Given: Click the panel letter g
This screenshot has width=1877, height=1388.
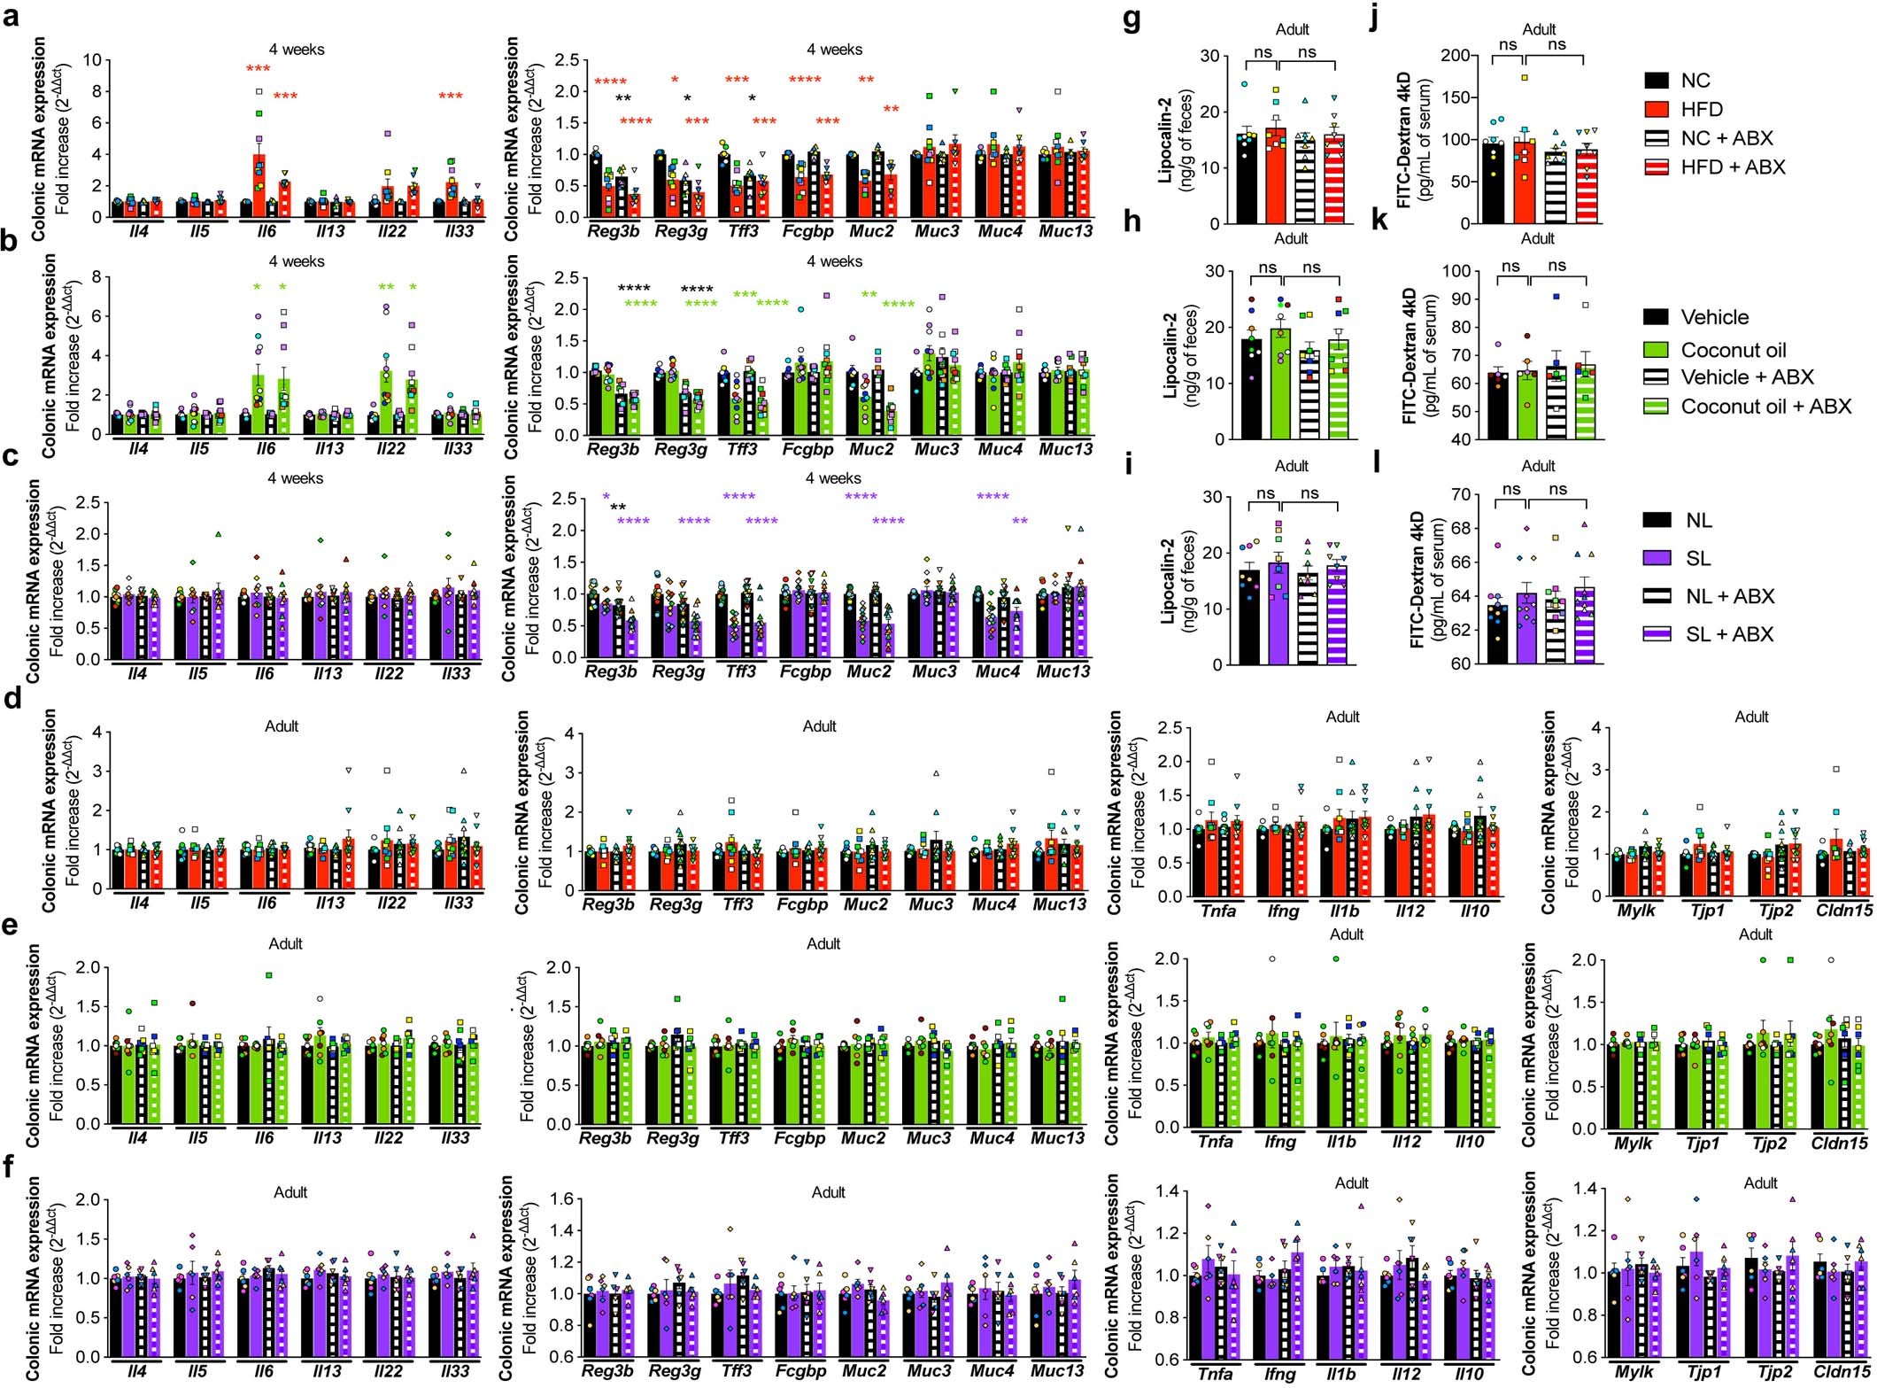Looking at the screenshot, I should click(1131, 19).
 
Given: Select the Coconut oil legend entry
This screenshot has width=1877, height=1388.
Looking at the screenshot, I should click(1733, 350).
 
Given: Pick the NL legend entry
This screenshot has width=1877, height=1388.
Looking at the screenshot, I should click(1698, 520).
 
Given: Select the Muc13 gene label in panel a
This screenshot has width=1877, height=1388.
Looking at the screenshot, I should click(1065, 231).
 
